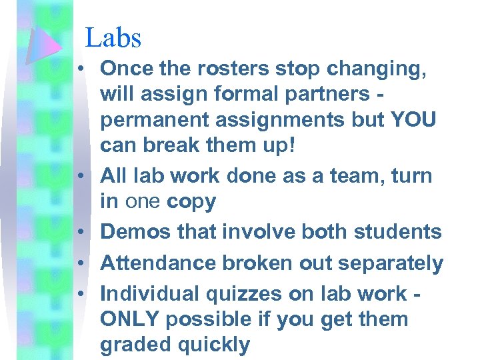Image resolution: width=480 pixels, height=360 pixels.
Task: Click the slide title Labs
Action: tap(113, 37)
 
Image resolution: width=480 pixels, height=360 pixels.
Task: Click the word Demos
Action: tap(135, 231)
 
